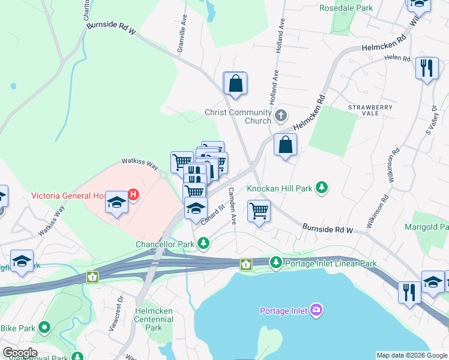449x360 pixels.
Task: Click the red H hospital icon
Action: [x=134, y=194]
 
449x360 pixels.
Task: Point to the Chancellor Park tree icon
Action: [x=204, y=244]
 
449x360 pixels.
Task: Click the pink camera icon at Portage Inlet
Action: [x=316, y=310]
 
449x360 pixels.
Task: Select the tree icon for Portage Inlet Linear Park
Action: [x=276, y=262]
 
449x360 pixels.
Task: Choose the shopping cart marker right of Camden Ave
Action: [x=259, y=211]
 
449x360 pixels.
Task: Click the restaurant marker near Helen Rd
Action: [x=427, y=68]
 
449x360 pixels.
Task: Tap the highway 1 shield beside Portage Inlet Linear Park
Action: [x=246, y=264]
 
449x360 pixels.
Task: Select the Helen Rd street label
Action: [x=397, y=59]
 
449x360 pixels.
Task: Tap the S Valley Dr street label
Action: [x=432, y=119]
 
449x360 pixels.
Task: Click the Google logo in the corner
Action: [x=20, y=353]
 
